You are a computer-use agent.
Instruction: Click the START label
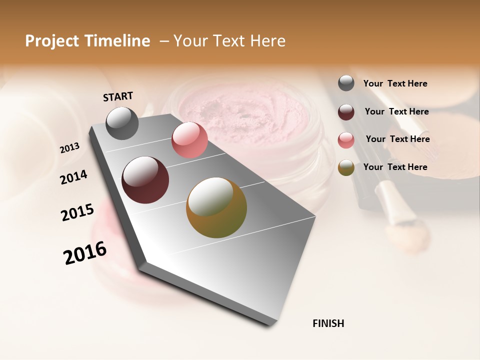118,96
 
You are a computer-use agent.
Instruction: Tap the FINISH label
328,323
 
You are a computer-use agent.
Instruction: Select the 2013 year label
69,148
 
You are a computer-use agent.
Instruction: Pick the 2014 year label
73,177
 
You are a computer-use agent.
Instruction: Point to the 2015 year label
77,212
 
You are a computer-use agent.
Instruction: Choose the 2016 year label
85,253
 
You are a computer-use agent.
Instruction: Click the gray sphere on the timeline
122,123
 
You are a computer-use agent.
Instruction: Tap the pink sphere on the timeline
189,140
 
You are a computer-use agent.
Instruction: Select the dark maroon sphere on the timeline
145,180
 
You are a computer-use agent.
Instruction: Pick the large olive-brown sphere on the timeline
216,207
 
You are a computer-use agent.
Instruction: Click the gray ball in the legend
346,83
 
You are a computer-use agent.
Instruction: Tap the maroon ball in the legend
346,111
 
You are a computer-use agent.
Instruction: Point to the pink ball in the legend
346,139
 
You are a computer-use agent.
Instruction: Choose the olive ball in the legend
346,167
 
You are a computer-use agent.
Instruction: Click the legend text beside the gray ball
395,83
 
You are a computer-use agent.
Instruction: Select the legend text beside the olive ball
395,167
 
